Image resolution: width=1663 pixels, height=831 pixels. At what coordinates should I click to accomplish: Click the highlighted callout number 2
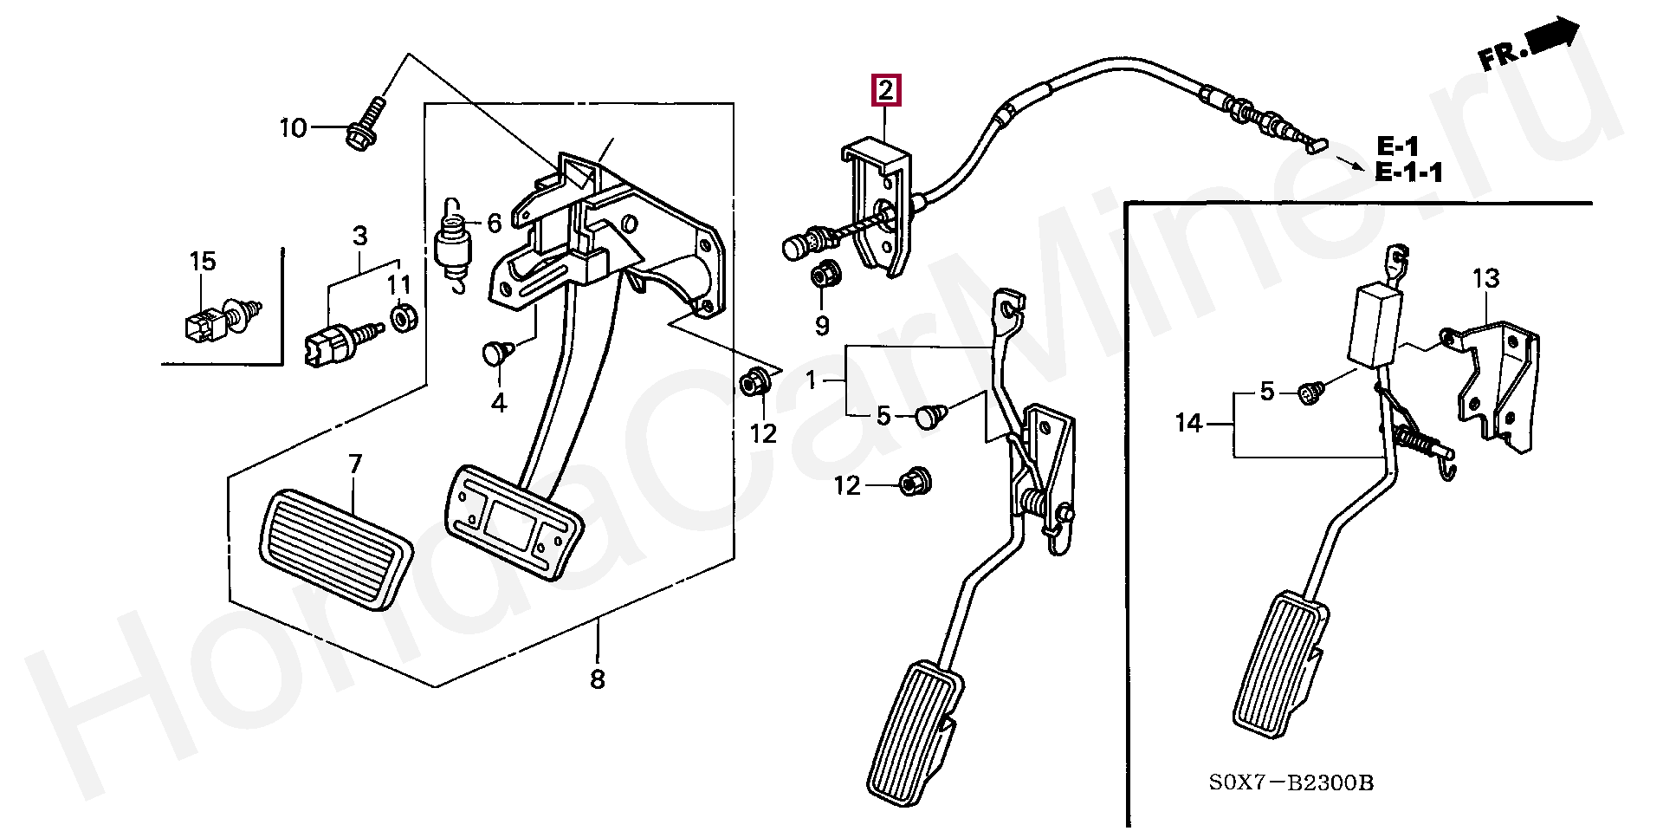coord(885,90)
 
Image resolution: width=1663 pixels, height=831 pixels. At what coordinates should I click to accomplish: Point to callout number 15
coord(203,261)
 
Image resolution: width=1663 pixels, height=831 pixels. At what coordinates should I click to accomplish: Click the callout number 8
coord(598,679)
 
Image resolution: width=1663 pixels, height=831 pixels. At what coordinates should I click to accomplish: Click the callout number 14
coord(1189,423)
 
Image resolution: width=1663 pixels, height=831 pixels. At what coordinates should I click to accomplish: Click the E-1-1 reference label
coord(1409,172)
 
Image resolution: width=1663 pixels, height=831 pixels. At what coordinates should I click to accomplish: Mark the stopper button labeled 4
coord(496,352)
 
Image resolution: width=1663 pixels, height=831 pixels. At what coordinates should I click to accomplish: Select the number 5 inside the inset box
coord(1266,392)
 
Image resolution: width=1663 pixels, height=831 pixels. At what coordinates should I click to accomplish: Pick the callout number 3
coord(359,235)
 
